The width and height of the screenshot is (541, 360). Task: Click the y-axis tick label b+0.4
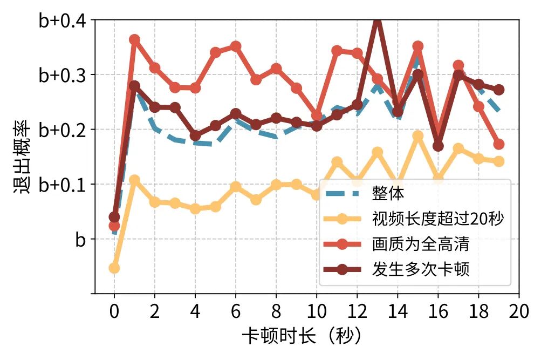61,21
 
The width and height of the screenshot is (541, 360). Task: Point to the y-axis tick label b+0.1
61,185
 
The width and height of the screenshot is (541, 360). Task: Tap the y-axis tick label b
80,240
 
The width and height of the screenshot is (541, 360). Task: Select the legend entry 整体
388,193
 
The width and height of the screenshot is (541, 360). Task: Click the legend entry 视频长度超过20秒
437,219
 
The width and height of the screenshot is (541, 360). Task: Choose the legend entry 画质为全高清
420,244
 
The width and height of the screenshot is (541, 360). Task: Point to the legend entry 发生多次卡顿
420,270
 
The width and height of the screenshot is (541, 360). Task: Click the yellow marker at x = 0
114,268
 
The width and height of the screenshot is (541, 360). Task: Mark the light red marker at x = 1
134,40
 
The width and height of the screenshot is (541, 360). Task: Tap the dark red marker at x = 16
438,146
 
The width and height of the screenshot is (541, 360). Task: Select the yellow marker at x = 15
418,136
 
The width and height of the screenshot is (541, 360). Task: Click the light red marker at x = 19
499,144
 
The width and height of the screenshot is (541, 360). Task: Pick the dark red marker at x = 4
195,135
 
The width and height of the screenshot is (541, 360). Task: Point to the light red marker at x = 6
236,46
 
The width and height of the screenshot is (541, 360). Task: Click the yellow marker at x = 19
499,161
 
